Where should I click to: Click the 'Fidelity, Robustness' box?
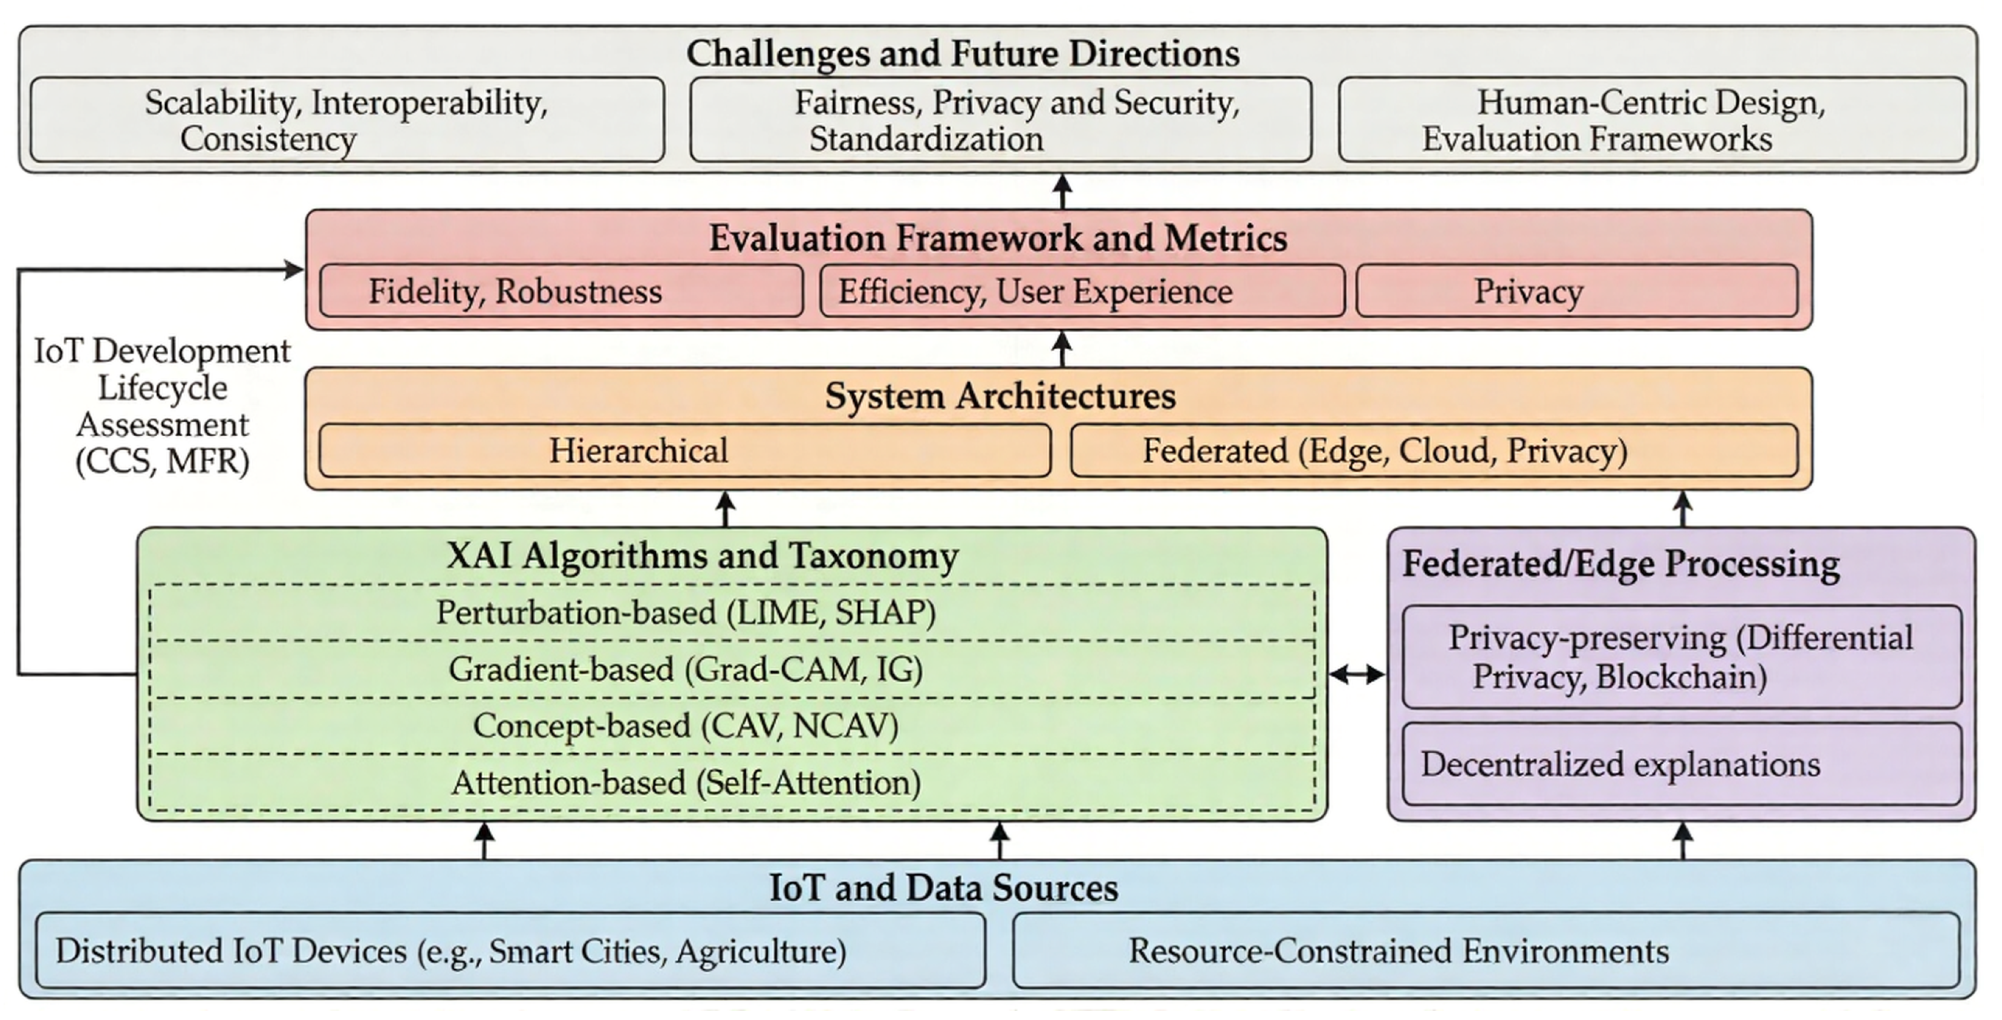point(561,292)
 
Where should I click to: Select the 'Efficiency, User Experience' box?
point(1082,292)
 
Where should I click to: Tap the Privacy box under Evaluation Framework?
point(1577,292)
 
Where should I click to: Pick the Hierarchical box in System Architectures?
point(684,451)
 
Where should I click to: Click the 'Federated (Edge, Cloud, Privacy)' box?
point(1434,451)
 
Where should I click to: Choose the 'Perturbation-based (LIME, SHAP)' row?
point(731,613)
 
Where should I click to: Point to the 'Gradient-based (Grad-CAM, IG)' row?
point(731,669)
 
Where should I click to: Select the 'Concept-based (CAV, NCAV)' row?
point(731,726)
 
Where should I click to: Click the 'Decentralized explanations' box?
point(1682,764)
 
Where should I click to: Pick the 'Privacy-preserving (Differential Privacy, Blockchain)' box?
point(1682,657)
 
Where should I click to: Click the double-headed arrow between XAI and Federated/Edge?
point(1357,675)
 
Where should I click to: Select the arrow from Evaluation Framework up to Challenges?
point(1062,191)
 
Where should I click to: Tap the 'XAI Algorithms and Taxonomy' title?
point(702,556)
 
